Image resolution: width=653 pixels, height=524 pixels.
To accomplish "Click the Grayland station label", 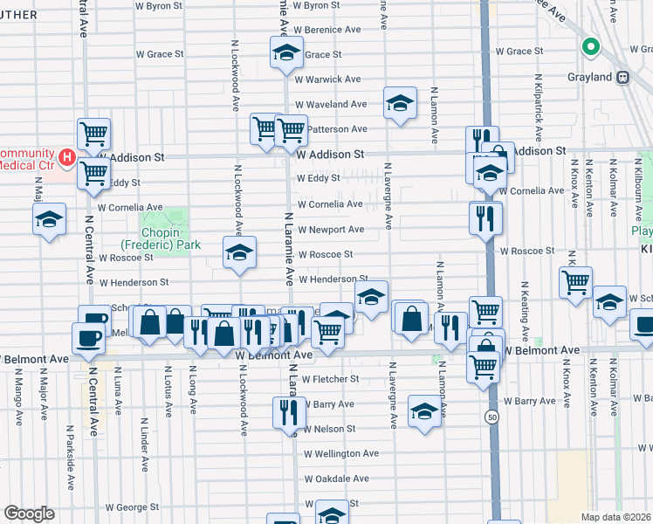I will [589, 77].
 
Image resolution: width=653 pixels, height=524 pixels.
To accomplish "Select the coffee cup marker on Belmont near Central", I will [88, 339].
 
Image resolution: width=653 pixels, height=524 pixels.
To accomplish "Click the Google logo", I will [29, 514].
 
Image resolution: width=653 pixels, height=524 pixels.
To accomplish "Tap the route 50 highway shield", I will [493, 418].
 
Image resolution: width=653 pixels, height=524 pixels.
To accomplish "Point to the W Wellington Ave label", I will [340, 454].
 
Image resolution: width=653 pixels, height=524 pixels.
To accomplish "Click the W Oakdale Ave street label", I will [336, 479].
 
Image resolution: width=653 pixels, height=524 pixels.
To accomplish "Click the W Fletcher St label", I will [330, 379].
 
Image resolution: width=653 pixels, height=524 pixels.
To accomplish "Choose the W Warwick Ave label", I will [327, 79].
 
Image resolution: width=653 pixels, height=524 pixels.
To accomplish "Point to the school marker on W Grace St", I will [285, 54].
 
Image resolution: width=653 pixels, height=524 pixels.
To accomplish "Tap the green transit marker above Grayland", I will [590, 48].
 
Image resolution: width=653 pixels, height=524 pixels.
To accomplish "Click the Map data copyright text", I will [616, 517].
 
